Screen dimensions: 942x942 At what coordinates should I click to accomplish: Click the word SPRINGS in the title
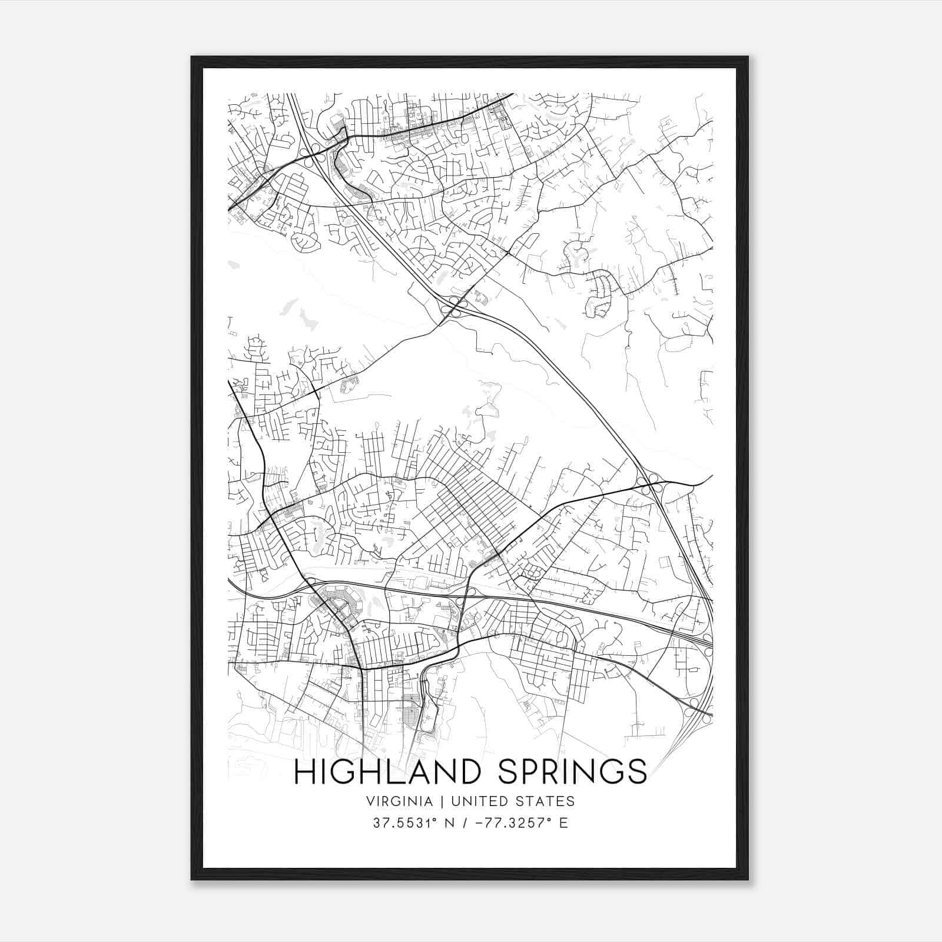[x=573, y=772]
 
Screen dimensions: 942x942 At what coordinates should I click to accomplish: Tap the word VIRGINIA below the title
[x=399, y=801]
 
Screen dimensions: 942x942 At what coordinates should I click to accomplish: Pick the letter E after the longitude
[x=563, y=823]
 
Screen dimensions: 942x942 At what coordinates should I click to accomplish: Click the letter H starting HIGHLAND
[x=303, y=772]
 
